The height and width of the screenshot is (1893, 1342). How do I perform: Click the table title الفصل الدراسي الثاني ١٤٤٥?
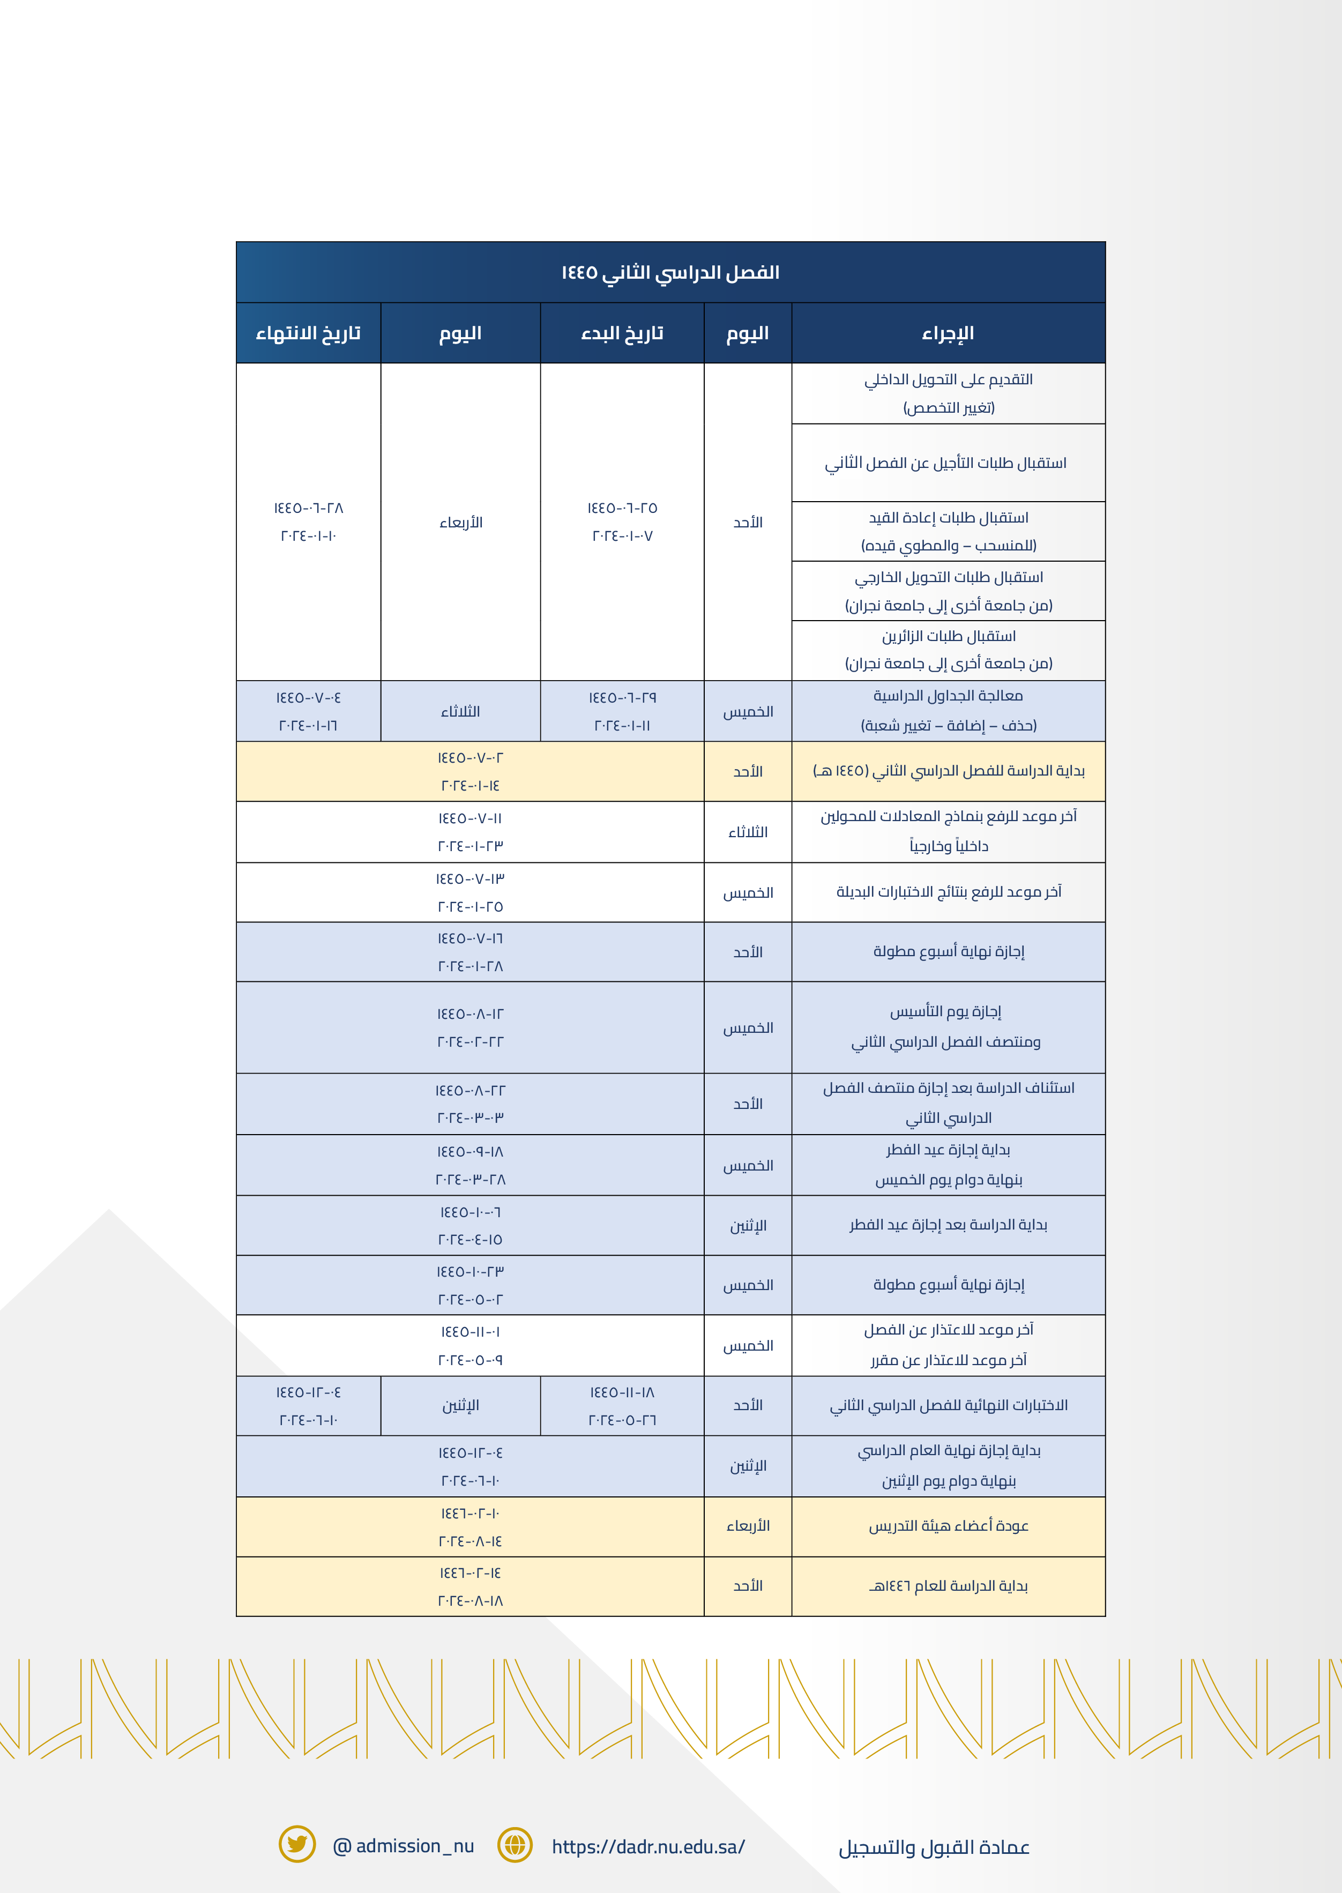tap(670, 273)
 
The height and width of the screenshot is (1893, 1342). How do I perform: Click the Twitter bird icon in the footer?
tap(297, 1844)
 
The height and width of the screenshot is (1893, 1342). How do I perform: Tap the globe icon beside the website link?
tap(515, 1844)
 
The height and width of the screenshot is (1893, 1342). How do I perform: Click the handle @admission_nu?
tap(403, 1846)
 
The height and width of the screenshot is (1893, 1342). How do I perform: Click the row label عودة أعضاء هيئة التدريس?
tap(948, 1526)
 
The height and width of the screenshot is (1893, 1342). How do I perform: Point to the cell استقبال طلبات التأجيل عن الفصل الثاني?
tap(945, 463)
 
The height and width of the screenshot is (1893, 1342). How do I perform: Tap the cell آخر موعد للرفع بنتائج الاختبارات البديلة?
tap(949, 891)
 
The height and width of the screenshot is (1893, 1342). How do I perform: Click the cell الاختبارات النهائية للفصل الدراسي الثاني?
tap(949, 1405)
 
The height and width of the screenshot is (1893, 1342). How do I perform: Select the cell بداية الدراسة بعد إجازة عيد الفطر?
tap(948, 1225)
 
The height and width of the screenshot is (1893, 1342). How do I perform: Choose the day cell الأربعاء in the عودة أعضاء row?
tap(748, 1526)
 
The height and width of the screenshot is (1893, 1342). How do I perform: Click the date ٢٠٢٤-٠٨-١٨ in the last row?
tap(470, 1600)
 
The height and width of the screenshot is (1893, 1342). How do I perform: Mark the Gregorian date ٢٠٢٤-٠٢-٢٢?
tap(470, 1042)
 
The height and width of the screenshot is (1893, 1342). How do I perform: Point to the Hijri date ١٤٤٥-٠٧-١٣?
tap(470, 878)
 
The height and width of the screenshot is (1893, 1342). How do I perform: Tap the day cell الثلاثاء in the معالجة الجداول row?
tap(460, 711)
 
